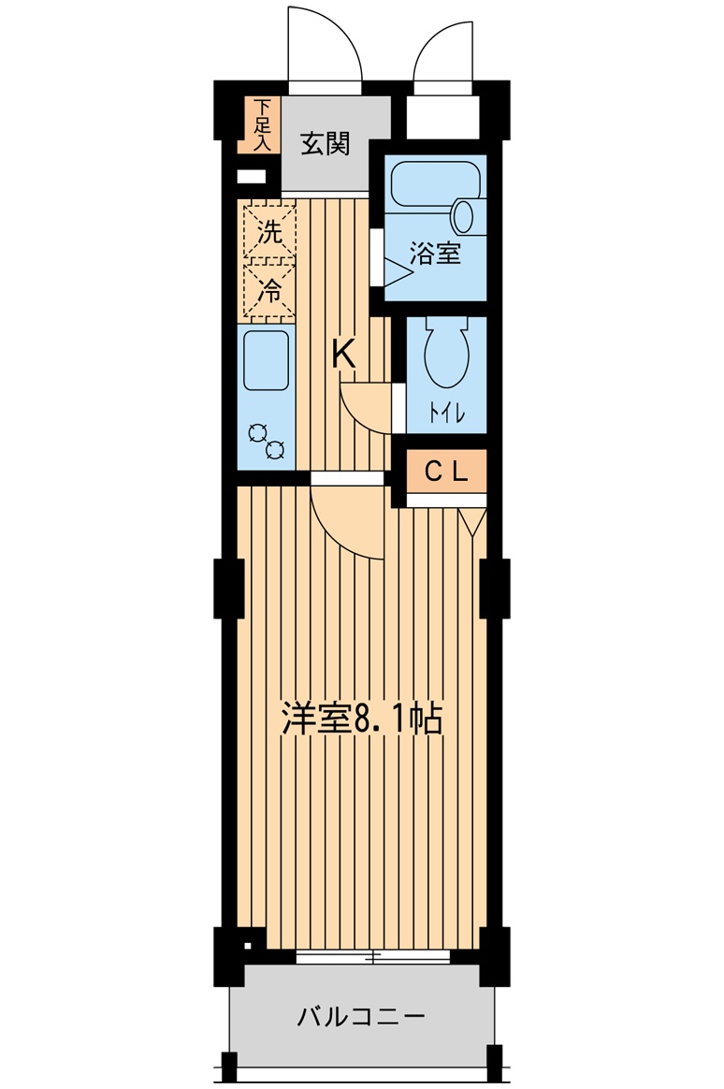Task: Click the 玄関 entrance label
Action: point(325,144)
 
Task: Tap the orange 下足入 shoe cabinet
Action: point(259,125)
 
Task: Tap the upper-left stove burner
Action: point(258,432)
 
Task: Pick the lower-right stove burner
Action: point(275,450)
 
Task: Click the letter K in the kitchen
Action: point(343,355)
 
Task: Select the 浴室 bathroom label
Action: point(435,253)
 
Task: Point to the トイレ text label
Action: point(446,414)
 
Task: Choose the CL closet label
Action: point(445,472)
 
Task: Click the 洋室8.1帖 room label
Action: point(362,719)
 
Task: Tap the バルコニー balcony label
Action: point(361,1018)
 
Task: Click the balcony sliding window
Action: point(373,956)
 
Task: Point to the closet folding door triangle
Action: point(472,522)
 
